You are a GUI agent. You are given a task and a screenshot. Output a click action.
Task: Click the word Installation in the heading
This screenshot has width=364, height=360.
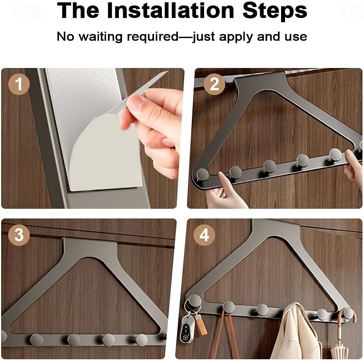coord(170,11)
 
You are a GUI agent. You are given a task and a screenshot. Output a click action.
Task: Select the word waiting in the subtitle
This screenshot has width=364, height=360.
coord(100,37)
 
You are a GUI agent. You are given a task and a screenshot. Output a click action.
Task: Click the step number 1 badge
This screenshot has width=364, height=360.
coord(19,84)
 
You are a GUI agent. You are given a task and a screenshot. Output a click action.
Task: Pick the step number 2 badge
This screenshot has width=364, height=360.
coord(214,84)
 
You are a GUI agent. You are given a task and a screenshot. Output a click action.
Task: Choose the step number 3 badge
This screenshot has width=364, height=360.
coord(19,235)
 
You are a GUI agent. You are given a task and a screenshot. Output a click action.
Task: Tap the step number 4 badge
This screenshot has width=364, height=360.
coord(204,235)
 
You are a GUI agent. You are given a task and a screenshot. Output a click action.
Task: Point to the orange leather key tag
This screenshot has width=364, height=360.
coord(201,324)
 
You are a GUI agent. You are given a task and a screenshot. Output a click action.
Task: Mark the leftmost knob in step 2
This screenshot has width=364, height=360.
coord(203,175)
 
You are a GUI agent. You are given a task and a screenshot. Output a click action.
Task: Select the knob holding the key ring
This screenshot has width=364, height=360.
coord(195,301)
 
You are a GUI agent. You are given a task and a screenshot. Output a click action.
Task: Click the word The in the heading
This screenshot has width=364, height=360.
coord(78,11)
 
